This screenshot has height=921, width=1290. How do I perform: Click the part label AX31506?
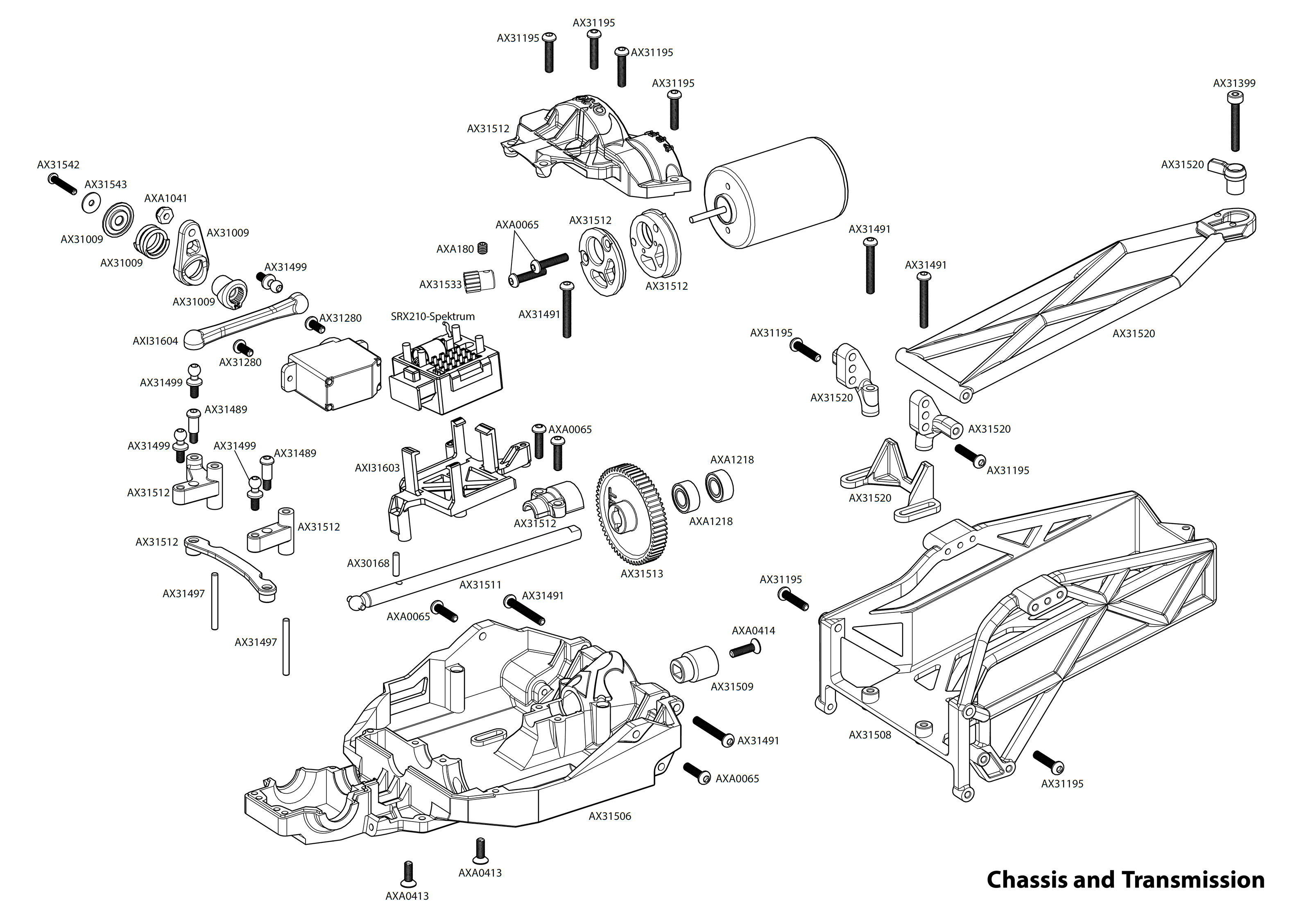[609, 816]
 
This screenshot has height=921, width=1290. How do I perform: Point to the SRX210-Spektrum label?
[432, 316]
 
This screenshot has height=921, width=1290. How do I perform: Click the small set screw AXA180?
[483, 248]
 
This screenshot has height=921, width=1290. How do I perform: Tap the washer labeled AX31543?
[91, 203]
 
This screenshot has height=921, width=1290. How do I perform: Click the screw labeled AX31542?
[62, 184]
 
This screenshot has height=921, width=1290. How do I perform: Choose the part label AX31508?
[870, 735]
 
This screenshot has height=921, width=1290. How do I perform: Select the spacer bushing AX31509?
[694, 664]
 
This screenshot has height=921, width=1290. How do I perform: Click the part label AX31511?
[480, 585]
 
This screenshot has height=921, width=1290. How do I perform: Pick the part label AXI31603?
[377, 468]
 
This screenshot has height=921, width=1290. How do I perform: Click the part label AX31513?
[642, 573]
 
